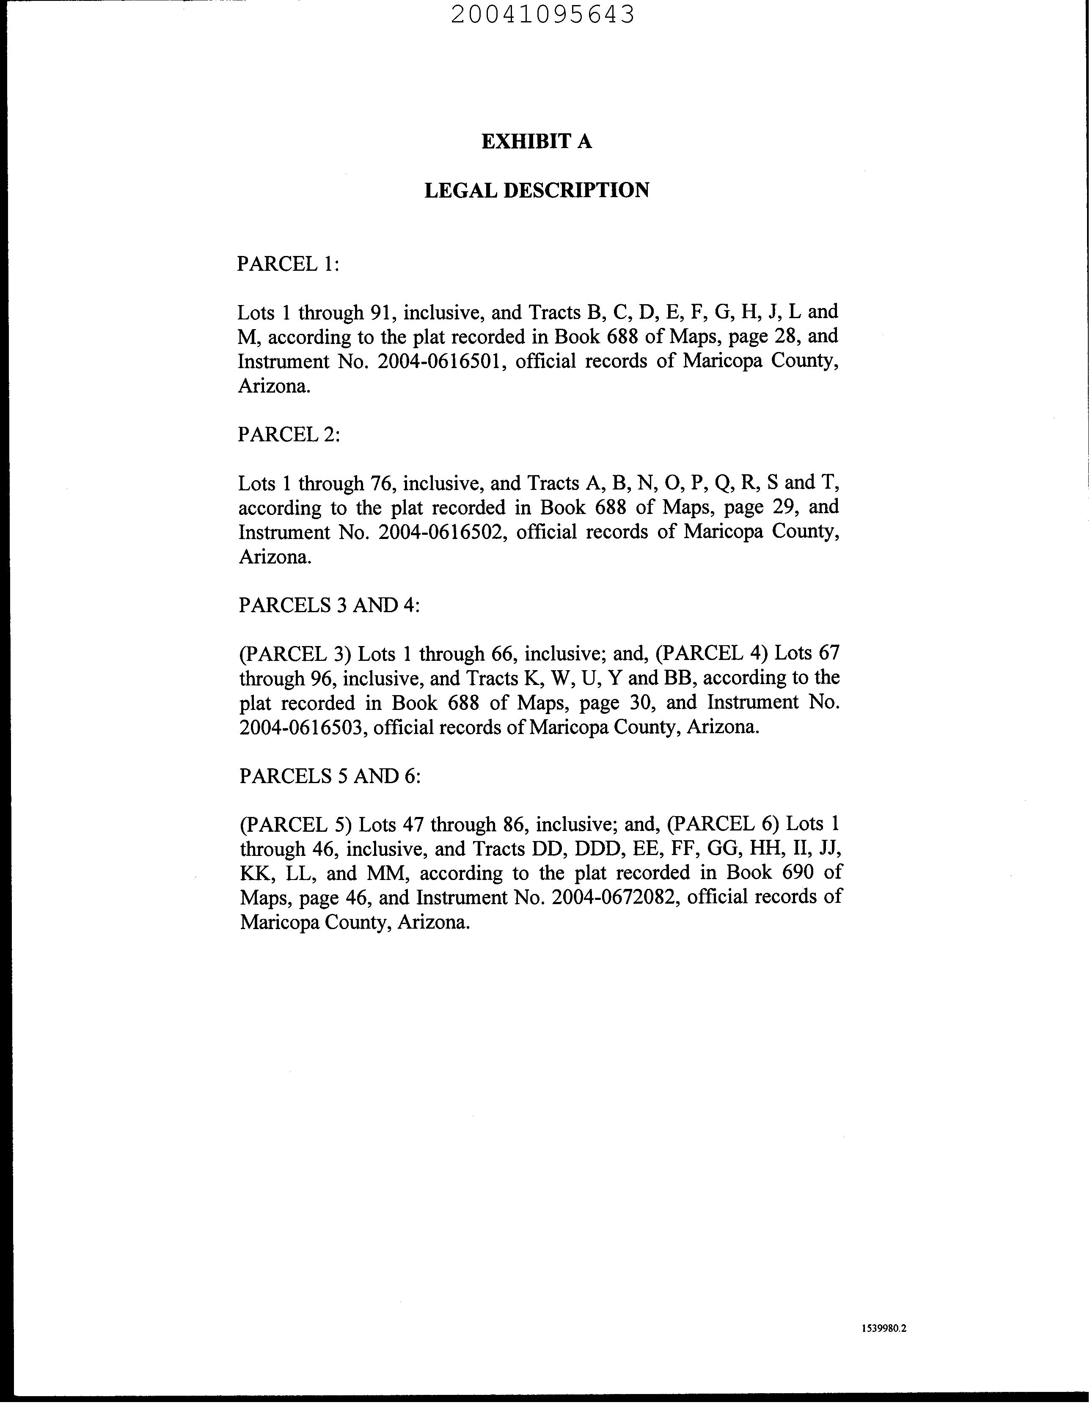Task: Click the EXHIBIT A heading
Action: coord(537,141)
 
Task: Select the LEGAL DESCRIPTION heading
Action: coord(537,190)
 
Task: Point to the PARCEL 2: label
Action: coord(288,434)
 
